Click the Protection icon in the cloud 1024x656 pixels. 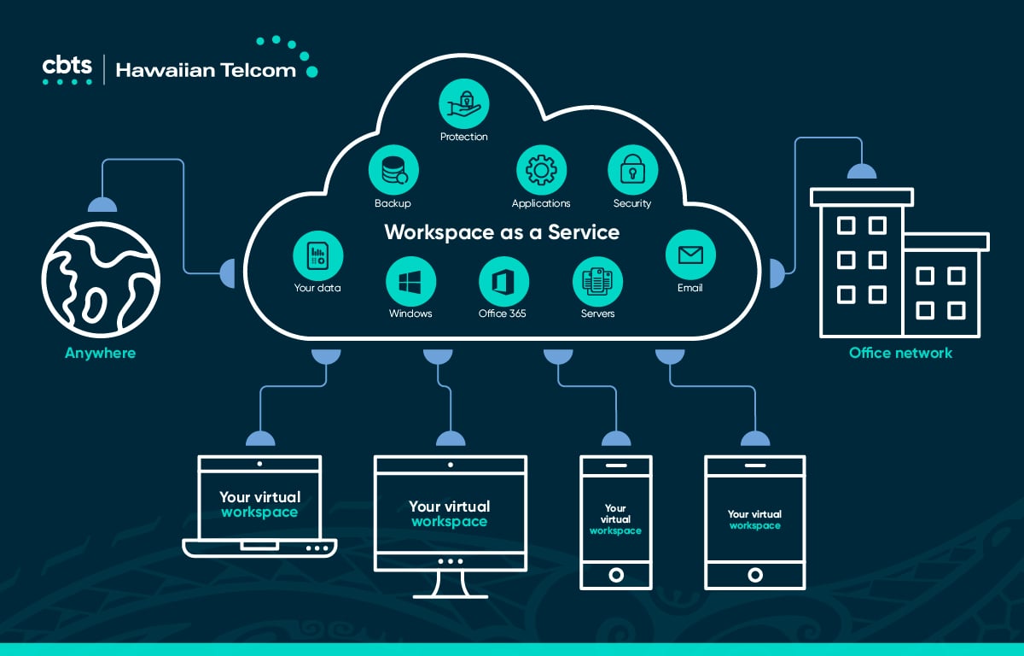[x=464, y=103]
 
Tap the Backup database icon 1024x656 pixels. [x=393, y=170]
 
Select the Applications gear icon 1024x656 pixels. [x=541, y=170]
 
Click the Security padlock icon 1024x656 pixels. [x=632, y=170]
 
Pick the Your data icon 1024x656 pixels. [x=317, y=255]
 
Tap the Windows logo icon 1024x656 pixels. [x=410, y=281]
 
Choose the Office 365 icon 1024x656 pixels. [x=503, y=281]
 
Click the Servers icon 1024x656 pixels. [x=597, y=281]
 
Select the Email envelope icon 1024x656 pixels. [x=690, y=255]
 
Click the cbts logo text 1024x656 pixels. [x=67, y=66]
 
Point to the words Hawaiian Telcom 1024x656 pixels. [x=206, y=70]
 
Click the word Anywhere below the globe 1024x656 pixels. [x=100, y=353]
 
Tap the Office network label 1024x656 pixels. [x=900, y=353]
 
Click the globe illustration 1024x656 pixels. [x=101, y=280]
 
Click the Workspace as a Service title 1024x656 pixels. [x=502, y=232]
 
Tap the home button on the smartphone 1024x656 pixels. [x=616, y=575]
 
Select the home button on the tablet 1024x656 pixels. [x=755, y=575]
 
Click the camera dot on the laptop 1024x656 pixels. [x=259, y=464]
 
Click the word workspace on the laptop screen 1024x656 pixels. [x=259, y=512]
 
